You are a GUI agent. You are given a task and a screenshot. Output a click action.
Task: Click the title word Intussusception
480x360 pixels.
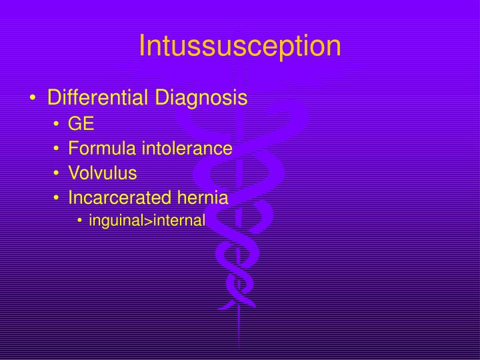tap(240, 45)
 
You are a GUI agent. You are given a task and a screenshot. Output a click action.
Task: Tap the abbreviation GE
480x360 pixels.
tap(81, 124)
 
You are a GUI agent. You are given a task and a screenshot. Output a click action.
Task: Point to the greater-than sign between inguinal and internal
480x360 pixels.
tap(149, 221)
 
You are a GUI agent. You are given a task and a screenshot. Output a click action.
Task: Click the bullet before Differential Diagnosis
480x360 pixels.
tap(33, 99)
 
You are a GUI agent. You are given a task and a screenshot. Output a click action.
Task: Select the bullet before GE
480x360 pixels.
tap(58, 125)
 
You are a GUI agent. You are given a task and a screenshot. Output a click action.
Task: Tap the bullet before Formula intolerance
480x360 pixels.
tap(58, 149)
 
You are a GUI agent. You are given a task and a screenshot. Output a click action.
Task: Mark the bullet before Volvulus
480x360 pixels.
tap(58, 174)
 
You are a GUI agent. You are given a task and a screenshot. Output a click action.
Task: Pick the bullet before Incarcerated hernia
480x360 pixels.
tap(58, 199)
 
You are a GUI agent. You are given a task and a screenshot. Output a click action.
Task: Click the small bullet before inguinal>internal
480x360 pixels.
tap(81, 221)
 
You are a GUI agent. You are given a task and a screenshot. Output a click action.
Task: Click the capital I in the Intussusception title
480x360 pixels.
tap(143, 45)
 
